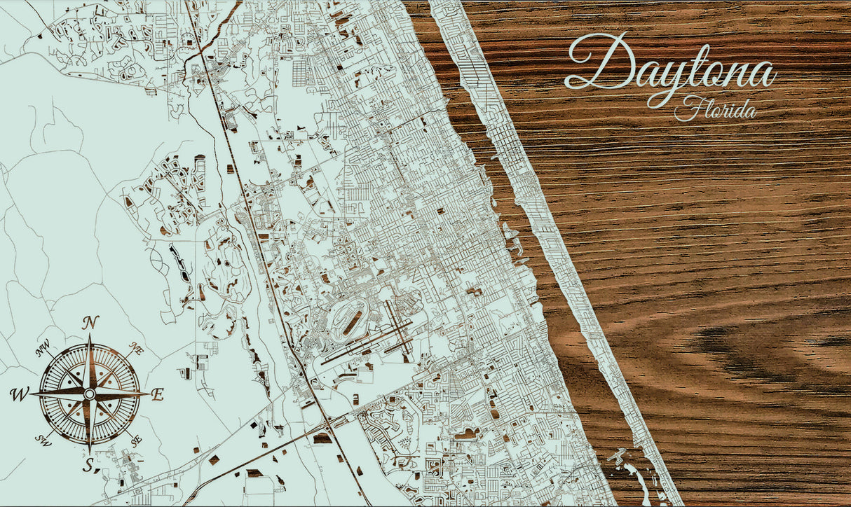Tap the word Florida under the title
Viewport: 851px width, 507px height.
tap(715, 109)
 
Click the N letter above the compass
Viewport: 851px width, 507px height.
tap(90, 323)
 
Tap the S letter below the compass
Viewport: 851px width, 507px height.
tap(88, 465)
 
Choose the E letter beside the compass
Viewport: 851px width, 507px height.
tap(157, 394)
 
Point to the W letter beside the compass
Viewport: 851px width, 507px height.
tap(19, 395)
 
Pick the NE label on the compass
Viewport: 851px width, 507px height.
tap(136, 349)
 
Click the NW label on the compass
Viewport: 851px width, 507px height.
tap(43, 348)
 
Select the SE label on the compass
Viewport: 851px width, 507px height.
tap(136, 441)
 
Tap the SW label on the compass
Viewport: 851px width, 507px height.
tap(43, 441)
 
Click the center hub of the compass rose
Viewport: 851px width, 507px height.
tap(89, 394)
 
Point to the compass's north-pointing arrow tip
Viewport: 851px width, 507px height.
tap(90, 337)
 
